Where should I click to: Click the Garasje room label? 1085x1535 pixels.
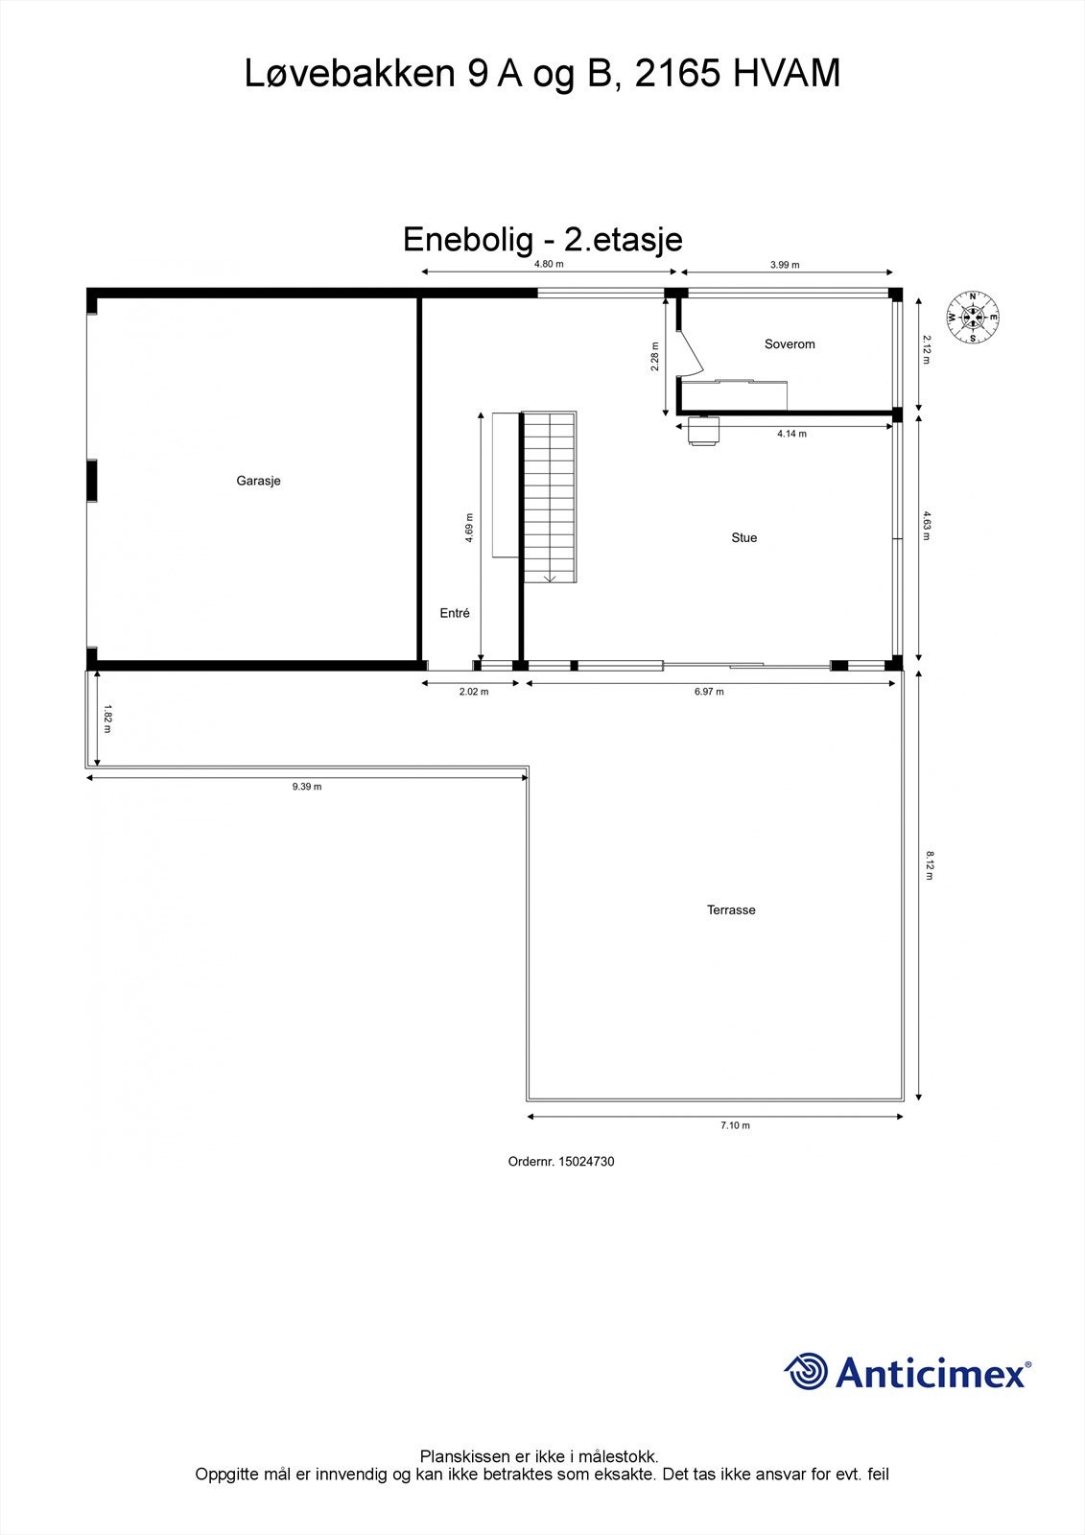click(258, 481)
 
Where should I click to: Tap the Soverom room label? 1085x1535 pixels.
click(790, 343)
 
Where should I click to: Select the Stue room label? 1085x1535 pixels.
click(743, 537)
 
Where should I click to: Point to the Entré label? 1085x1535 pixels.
click(455, 613)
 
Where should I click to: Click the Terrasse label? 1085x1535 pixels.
click(731, 909)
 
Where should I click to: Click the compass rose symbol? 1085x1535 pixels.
click(973, 317)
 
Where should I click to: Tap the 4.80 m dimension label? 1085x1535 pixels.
click(549, 264)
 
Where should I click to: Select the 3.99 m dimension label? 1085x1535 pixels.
click(785, 265)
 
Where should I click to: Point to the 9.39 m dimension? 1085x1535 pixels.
click(307, 787)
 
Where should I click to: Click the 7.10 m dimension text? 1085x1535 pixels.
click(735, 1125)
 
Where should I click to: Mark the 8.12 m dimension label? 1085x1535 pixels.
click(929, 864)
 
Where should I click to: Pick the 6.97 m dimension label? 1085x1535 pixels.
click(709, 691)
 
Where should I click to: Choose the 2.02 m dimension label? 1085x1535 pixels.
click(474, 691)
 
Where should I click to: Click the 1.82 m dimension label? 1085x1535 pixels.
click(107, 720)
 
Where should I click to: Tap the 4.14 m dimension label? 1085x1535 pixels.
click(791, 434)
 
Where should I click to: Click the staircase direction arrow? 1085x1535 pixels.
click(551, 578)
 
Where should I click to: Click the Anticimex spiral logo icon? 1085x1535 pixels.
click(806, 1372)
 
